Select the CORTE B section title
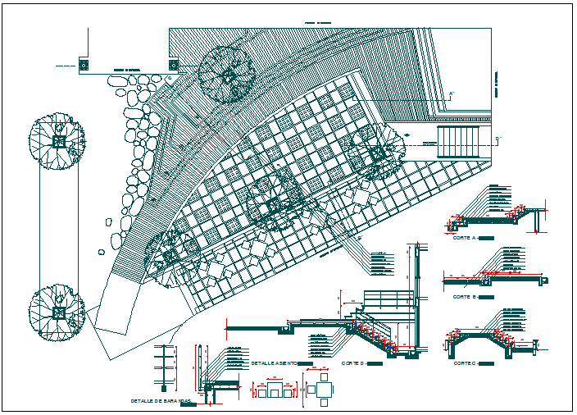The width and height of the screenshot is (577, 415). click(464, 297)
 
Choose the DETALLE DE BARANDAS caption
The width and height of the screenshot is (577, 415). click(156, 401)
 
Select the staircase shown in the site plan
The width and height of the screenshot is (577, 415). click(464, 143)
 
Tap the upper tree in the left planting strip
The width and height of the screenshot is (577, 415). click(57, 142)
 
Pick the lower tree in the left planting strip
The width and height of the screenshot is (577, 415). click(57, 310)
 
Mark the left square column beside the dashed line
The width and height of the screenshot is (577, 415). click(83, 63)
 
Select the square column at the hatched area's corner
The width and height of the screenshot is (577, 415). click(173, 63)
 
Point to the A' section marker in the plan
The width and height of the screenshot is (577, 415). click(450, 94)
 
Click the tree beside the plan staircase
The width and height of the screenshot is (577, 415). click(378, 153)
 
